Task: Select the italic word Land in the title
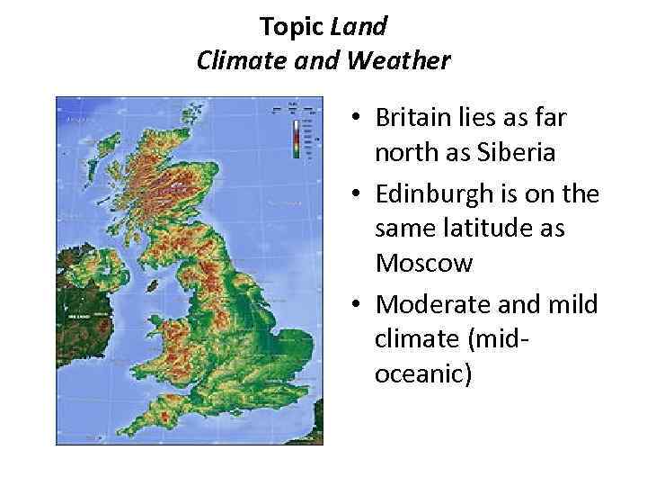[x=359, y=26]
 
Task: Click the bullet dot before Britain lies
[x=357, y=119]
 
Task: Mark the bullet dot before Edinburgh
[x=357, y=193]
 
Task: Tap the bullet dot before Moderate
[x=357, y=304]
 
